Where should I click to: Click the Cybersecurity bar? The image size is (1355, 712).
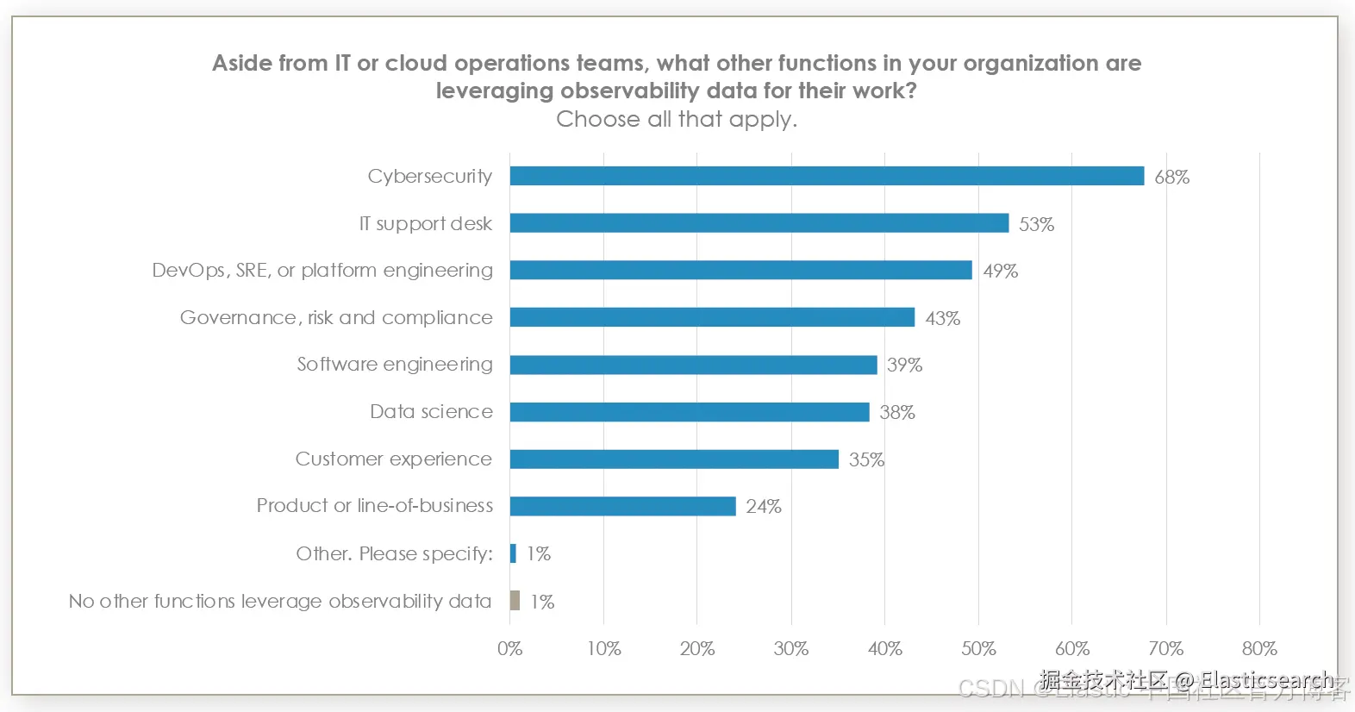click(827, 176)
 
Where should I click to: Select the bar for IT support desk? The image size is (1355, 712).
click(759, 223)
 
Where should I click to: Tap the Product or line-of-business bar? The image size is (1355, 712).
click(622, 506)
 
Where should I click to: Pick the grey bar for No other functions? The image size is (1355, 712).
click(515, 600)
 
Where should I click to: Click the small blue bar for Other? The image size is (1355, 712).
click(513, 553)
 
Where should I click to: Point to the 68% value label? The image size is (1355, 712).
click(1171, 178)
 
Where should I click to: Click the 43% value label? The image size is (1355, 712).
click(942, 319)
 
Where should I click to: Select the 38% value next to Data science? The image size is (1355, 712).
click(896, 413)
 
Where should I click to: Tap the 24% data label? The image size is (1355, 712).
click(763, 507)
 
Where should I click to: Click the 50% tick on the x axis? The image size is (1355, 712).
click(978, 649)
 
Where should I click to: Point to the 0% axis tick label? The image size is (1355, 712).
click(509, 649)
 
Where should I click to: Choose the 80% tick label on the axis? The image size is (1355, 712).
click(1259, 649)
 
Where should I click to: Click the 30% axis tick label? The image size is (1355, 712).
click(790, 649)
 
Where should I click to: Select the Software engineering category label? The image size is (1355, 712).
click(395, 365)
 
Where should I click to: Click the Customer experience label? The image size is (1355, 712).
click(393, 459)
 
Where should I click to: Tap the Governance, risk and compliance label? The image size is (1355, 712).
click(336, 318)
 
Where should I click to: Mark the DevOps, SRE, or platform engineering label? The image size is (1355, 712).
click(322, 271)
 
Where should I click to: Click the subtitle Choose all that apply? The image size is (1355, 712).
click(677, 119)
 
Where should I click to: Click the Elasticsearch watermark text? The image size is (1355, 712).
click(1266, 680)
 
